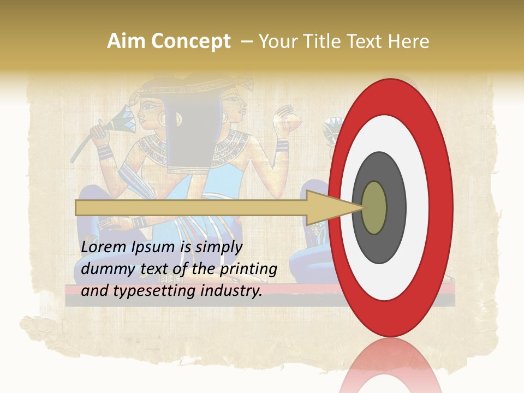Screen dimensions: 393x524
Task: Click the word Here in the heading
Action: click(409, 41)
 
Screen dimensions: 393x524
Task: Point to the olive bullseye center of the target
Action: click(374, 207)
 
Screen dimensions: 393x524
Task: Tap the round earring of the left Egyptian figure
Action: click(163, 117)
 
